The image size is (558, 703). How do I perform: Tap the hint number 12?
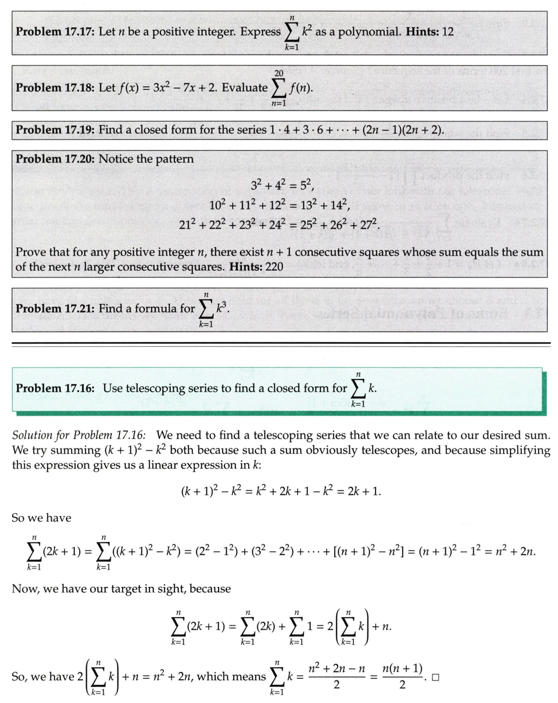point(447,30)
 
